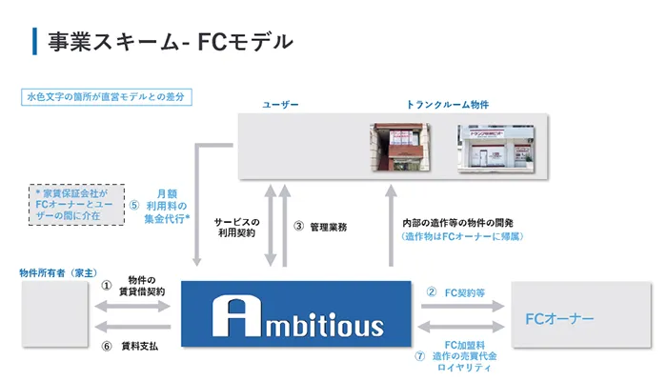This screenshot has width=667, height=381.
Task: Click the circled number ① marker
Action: (x=108, y=284)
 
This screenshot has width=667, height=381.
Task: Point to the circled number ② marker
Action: (x=431, y=291)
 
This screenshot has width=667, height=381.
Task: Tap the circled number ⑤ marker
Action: (x=135, y=204)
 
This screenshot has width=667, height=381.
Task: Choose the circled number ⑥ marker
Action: (x=108, y=347)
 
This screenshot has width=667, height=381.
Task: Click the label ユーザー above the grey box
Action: (x=281, y=103)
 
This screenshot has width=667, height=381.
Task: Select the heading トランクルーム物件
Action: (x=447, y=103)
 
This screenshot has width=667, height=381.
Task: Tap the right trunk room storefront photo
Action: (x=492, y=149)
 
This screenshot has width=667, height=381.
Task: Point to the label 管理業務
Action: (x=330, y=227)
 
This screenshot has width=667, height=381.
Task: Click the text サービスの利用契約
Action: (x=236, y=228)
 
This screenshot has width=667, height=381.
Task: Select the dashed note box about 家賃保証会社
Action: (x=78, y=204)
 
